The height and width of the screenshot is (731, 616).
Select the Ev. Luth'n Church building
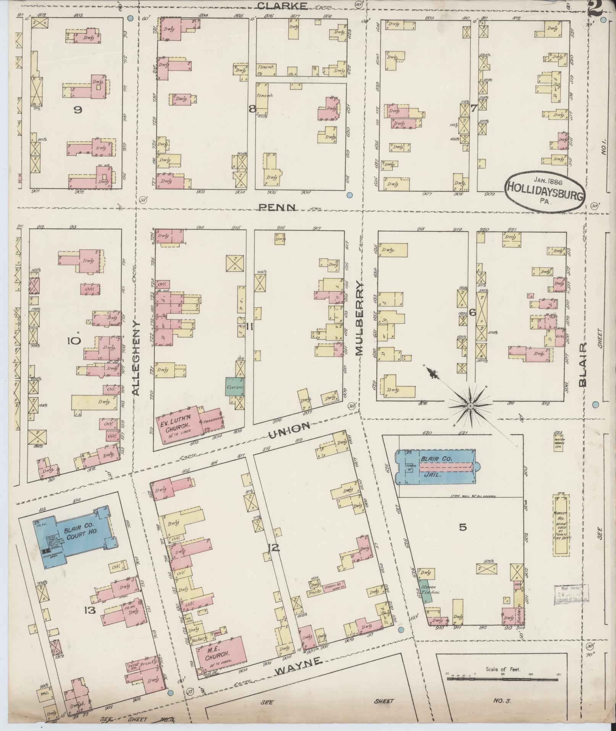pyautogui.click(x=179, y=425)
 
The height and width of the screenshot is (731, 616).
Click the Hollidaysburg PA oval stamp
pyautogui.click(x=545, y=190)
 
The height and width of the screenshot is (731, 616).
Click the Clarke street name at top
pyautogui.click(x=282, y=5)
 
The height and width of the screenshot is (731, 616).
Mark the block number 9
pyautogui.click(x=78, y=110)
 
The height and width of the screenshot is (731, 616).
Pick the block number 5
pyautogui.click(x=462, y=527)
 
